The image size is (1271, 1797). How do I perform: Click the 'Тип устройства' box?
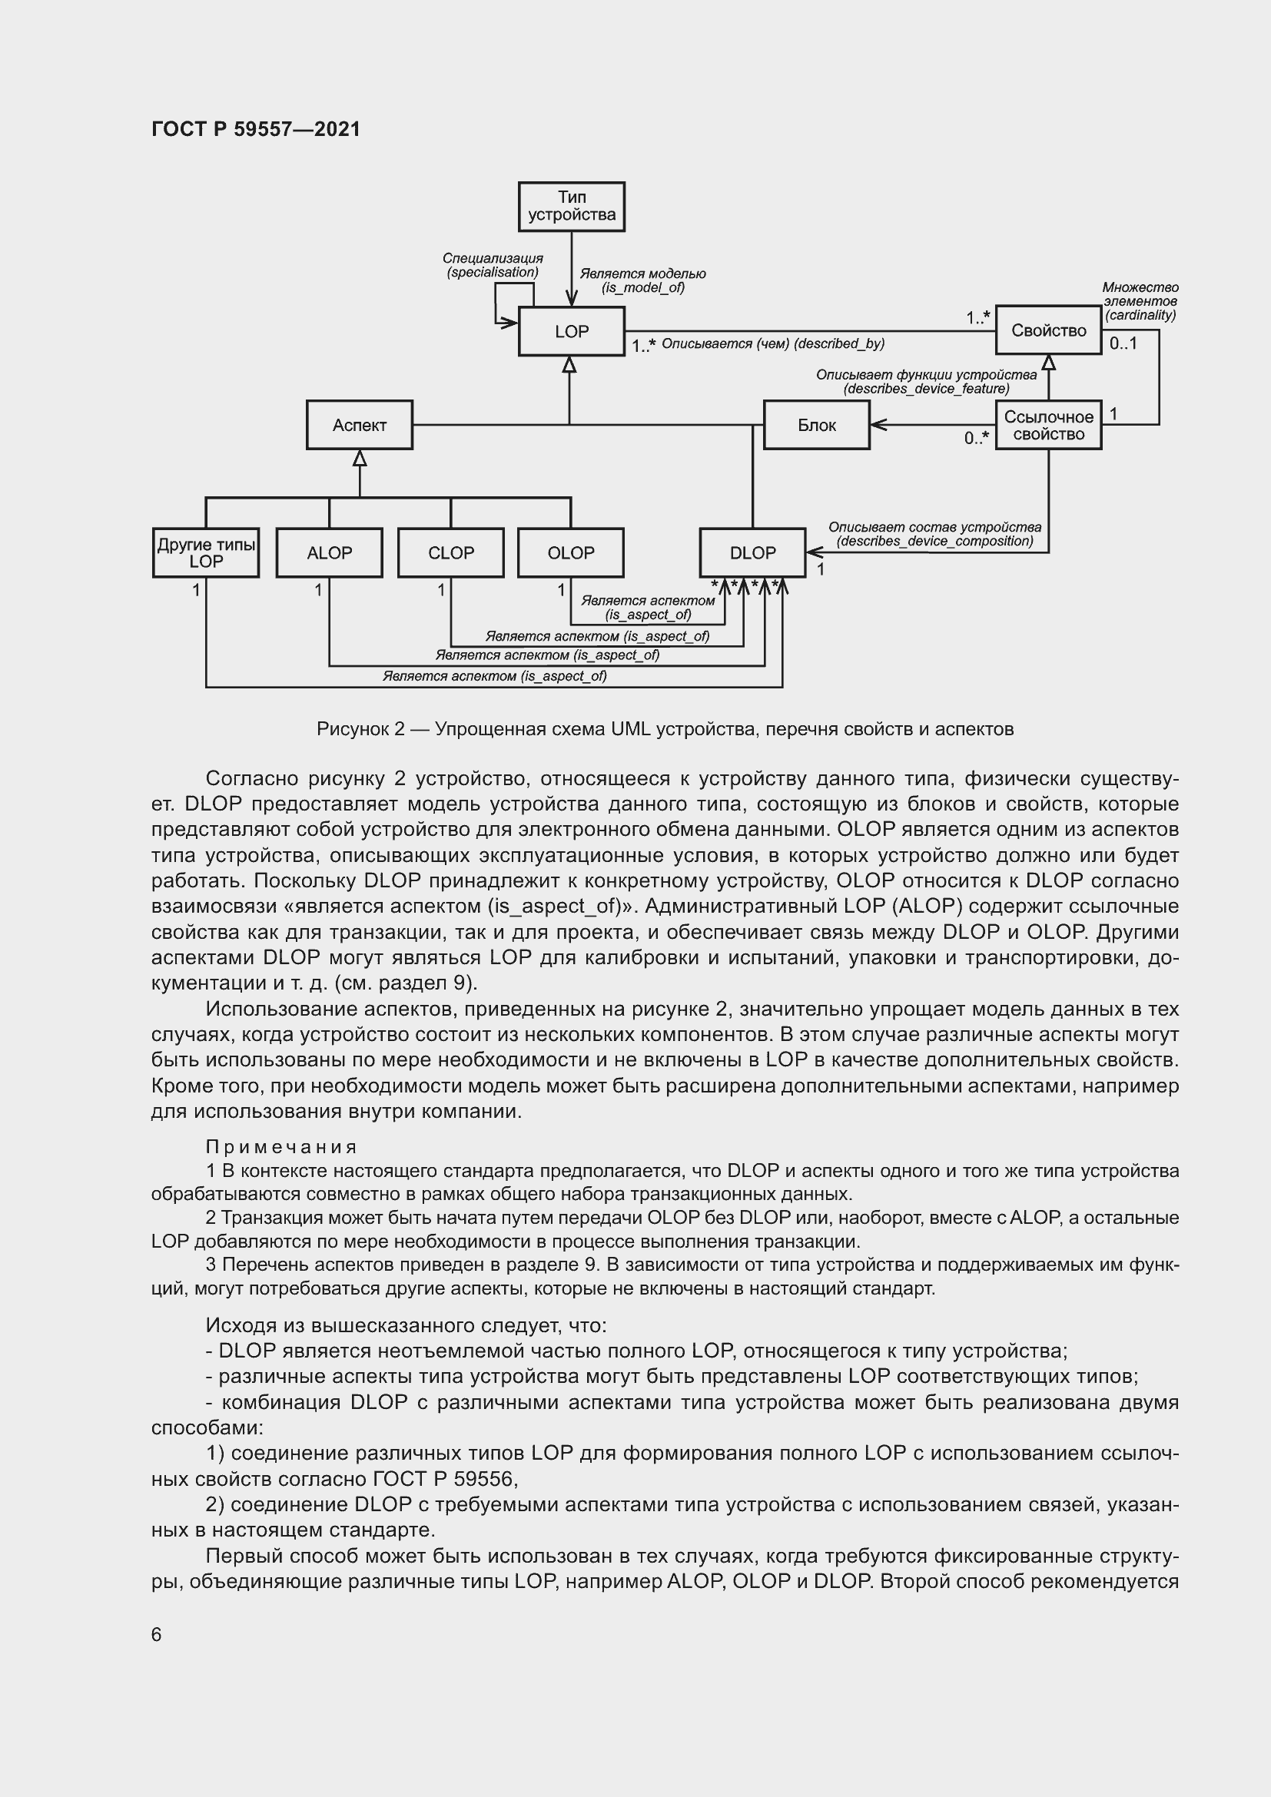(x=571, y=207)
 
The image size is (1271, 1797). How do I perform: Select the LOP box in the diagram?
(x=571, y=331)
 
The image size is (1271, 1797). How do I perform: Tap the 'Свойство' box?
(x=1048, y=330)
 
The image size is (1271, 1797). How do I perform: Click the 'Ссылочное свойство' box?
(x=1048, y=425)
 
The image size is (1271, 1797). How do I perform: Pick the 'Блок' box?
(x=816, y=425)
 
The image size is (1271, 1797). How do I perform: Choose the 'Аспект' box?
(x=359, y=425)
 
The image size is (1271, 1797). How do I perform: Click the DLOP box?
(x=752, y=552)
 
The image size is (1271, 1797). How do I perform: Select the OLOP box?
(x=570, y=552)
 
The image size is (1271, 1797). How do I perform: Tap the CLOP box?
(x=451, y=552)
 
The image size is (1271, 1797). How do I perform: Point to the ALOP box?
(x=330, y=552)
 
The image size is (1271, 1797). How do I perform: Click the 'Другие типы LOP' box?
(x=206, y=552)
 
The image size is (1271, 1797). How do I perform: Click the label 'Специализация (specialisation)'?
(x=493, y=265)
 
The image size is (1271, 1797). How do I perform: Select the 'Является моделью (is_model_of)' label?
(x=642, y=280)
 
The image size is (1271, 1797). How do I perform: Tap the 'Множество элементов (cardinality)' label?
(x=1140, y=301)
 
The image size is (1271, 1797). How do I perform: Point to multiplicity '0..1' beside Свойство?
(x=1123, y=343)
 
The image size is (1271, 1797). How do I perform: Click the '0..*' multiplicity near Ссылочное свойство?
(x=976, y=438)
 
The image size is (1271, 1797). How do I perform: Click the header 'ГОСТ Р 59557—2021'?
(x=256, y=129)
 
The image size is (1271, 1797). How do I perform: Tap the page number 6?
(x=157, y=1634)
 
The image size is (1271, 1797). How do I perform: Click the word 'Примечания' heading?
(x=281, y=1146)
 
